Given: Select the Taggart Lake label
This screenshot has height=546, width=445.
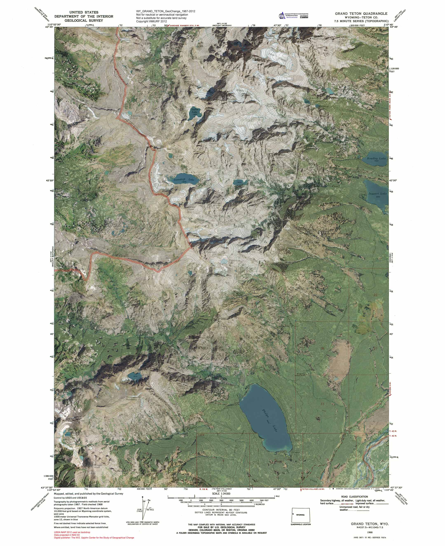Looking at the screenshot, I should [x=377, y=194].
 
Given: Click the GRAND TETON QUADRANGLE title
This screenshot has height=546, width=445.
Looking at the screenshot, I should [x=361, y=14].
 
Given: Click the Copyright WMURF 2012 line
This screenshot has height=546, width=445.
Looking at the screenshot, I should [x=151, y=21].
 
